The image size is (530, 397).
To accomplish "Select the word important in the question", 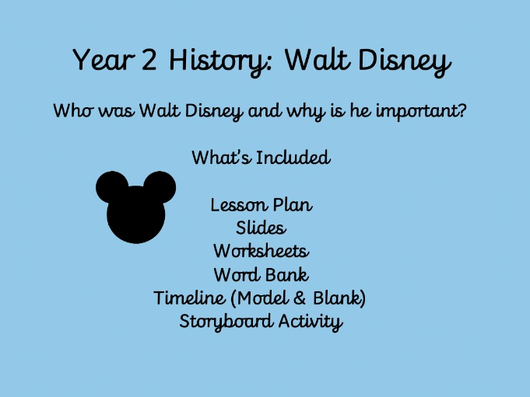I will point(419,111).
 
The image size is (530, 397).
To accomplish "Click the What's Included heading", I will point(261,158).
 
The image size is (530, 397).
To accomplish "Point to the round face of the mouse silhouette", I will point(136,215).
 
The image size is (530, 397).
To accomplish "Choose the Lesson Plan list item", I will point(261,205).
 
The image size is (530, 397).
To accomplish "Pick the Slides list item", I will point(261,228).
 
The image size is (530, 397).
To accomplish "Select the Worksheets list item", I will point(261,252).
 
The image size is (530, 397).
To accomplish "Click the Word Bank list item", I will point(261,275).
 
